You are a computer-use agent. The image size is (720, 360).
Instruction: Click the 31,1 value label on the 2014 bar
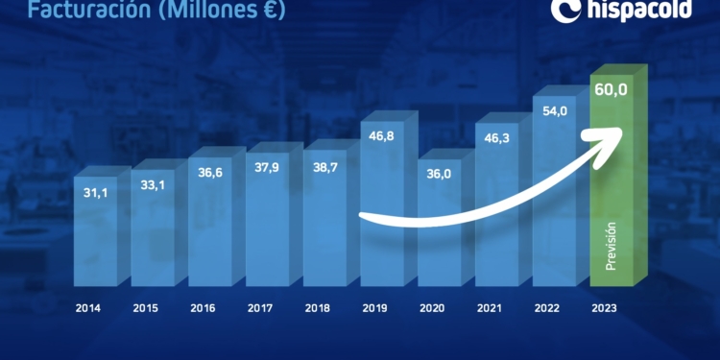[95, 193]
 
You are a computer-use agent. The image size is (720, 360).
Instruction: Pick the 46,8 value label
[382, 137]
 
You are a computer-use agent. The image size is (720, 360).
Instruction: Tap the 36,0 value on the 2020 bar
[439, 176]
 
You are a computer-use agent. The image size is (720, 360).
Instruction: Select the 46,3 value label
[496, 139]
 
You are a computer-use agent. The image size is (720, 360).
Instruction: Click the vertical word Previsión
[611, 245]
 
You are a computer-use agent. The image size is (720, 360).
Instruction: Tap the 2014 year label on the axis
[89, 309]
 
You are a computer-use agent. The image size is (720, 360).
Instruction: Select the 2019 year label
[375, 309]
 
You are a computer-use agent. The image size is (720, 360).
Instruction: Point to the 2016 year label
[204, 309]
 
